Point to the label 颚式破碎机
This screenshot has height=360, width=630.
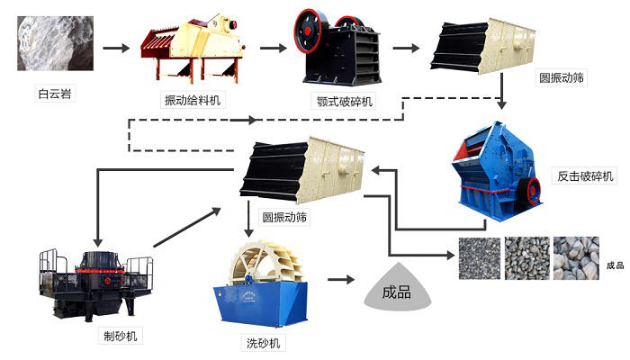tap(338, 101)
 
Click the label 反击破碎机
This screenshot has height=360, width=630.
tap(584, 175)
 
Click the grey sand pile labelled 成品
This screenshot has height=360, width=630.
tap(396, 290)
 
